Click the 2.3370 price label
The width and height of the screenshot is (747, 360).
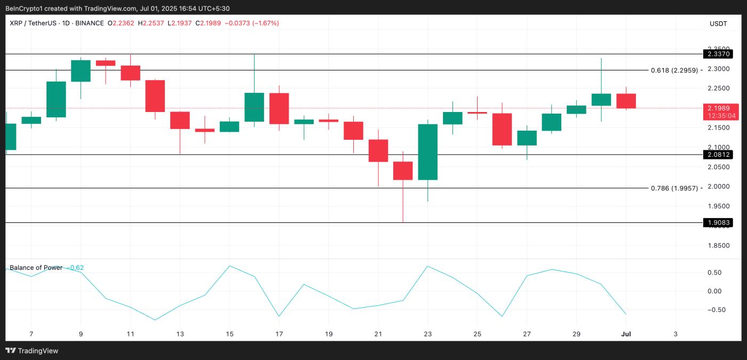pos(718,54)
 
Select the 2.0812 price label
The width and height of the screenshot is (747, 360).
pos(718,155)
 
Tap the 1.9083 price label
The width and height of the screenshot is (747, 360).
pos(718,222)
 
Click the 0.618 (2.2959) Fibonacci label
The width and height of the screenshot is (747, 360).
pos(674,70)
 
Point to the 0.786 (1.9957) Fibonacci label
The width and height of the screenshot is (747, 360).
pos(674,188)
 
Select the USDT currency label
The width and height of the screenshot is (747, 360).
pos(718,23)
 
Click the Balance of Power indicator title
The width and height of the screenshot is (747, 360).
pos(36,268)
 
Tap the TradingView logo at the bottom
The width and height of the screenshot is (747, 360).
pos(32,350)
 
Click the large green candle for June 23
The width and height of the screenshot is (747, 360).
pos(428,152)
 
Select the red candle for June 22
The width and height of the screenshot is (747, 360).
pos(403,171)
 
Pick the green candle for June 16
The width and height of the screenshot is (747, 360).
pos(254,107)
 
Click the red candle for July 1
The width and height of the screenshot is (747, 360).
pos(626,101)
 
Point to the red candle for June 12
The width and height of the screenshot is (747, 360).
pos(155,96)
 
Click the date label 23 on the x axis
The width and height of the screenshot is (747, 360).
pos(428,334)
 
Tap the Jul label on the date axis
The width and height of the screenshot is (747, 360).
pos(626,334)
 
